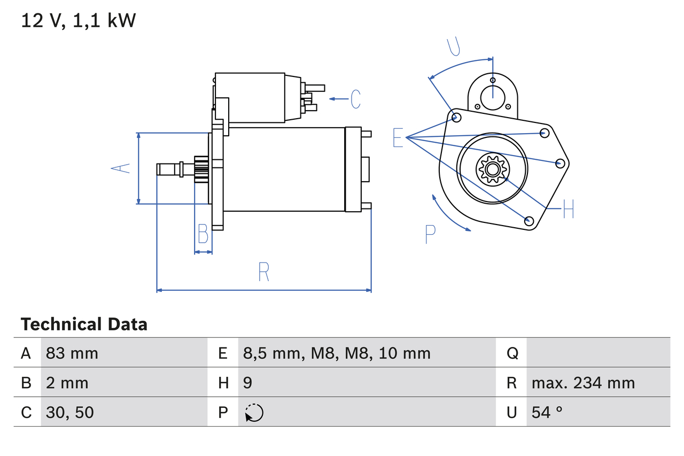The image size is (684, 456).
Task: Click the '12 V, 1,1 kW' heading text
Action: (79, 21)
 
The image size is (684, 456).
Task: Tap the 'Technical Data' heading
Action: (84, 324)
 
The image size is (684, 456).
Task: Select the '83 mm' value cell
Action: (72, 353)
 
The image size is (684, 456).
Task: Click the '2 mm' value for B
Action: (67, 383)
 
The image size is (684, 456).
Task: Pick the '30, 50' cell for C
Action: (70, 412)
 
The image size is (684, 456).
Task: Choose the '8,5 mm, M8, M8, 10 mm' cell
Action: (337, 353)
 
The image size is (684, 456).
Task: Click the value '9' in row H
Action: (247, 383)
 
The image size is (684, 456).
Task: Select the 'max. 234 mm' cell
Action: (583, 383)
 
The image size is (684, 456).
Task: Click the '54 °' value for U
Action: (547, 412)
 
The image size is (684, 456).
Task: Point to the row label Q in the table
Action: (512, 353)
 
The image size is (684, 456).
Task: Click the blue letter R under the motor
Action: (263, 272)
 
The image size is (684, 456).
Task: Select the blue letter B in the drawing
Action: (203, 234)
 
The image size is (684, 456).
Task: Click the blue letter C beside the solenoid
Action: (355, 99)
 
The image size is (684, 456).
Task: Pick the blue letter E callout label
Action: (398, 138)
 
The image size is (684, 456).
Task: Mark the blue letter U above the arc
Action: (454, 47)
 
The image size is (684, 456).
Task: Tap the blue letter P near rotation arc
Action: (431, 234)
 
